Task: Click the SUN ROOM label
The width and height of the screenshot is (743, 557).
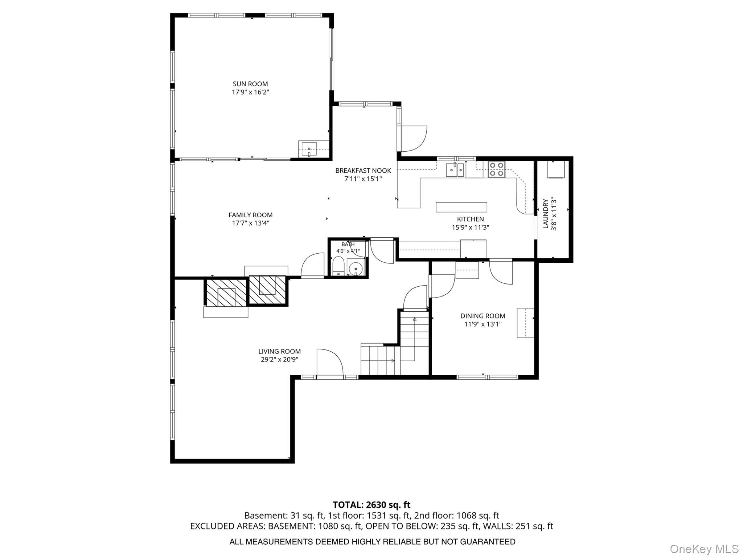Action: click(x=250, y=84)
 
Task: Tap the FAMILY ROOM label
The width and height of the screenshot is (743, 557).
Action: click(x=250, y=215)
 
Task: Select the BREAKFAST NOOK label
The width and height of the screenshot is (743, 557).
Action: click(x=363, y=171)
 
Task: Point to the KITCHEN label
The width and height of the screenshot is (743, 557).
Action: click(x=470, y=219)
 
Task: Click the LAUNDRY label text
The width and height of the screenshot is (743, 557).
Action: click(x=545, y=214)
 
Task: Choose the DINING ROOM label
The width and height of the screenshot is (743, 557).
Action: click(x=483, y=316)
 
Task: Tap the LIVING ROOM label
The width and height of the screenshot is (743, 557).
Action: click(x=279, y=351)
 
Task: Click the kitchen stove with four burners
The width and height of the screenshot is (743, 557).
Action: click(x=496, y=169)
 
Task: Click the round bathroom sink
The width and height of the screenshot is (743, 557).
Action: click(x=356, y=268)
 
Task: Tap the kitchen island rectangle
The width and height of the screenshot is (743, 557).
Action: click(x=461, y=207)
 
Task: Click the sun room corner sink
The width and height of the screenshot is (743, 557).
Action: click(x=309, y=149)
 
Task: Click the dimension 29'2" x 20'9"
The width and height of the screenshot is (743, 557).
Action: click(x=279, y=360)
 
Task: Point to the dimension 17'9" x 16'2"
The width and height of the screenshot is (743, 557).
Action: click(x=250, y=92)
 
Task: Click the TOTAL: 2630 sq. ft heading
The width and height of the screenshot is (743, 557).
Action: click(x=371, y=505)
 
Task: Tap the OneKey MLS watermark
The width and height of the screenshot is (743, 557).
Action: click(x=704, y=549)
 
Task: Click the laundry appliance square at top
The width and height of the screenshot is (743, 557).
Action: click(x=556, y=169)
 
